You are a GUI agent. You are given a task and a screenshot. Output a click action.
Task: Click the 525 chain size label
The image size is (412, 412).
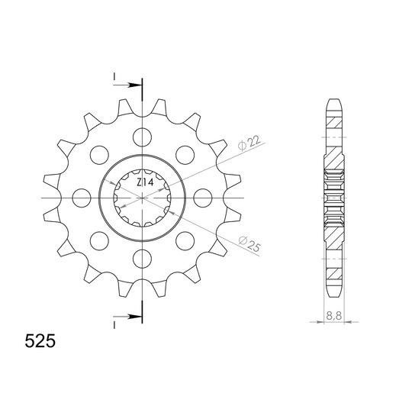[40, 341]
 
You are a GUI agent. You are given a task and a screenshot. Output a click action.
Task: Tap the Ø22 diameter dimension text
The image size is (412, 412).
[249, 143]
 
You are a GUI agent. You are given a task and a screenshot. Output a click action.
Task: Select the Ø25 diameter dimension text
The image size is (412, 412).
[249, 244]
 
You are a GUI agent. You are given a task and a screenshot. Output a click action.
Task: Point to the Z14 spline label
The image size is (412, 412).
[145, 182]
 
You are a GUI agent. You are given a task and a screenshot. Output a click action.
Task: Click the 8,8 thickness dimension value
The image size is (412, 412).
[334, 316]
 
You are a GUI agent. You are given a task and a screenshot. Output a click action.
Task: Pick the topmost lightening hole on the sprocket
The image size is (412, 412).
[143, 137]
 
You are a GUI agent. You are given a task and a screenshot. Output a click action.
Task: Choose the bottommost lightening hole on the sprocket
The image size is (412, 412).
[143, 259]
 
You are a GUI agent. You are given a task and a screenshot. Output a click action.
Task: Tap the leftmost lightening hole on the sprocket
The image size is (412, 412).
[82, 198]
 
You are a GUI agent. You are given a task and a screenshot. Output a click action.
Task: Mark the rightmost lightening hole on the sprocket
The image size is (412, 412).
[203, 198]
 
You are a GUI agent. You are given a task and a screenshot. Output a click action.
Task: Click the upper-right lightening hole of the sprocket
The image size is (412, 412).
[185, 155]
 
